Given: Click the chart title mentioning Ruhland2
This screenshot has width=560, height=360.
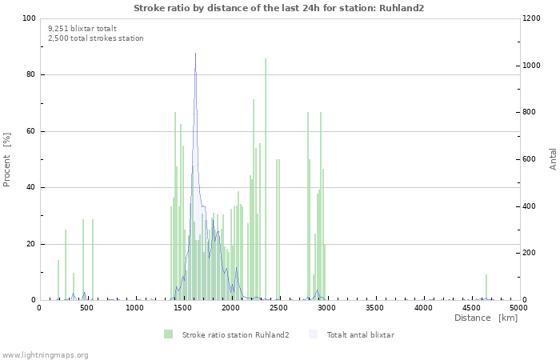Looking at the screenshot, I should pos(279,8).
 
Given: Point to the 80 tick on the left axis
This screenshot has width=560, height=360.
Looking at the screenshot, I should pos(30,74).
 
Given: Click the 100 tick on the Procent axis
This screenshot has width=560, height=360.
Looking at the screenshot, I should pos(29,18).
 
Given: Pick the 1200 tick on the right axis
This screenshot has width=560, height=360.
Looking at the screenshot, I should pos(532,18).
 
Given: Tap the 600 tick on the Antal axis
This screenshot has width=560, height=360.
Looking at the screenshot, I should pos(530,159).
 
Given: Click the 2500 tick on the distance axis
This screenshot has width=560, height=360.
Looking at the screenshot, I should pos(278,307).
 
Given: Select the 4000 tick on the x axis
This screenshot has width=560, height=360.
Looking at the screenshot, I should pos(422,307).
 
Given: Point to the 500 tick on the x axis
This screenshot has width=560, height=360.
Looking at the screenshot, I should pos(87,307).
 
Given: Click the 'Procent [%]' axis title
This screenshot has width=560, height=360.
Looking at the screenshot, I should pos(7,159).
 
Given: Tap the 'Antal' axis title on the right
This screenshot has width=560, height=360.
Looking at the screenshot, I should pos(553,158).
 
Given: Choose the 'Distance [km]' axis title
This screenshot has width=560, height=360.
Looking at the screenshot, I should pos(486,318).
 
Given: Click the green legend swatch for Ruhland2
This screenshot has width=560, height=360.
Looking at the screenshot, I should pos(168,334).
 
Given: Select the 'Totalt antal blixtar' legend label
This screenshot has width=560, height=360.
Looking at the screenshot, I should pos(360,334).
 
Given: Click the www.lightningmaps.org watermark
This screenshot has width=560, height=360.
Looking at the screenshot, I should pos(46,354).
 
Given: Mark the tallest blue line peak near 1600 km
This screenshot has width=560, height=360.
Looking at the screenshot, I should pos(195,54).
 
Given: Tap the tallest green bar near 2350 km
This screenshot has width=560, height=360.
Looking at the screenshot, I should pos(266,59).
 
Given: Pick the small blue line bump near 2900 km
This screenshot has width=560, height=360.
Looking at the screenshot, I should pos(317,290).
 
